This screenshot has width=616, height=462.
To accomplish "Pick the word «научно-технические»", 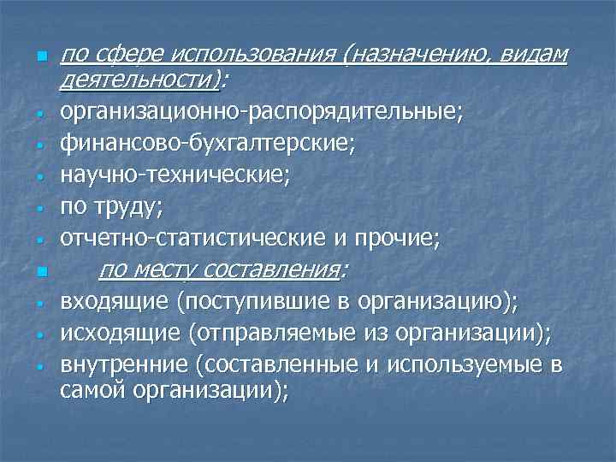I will (175, 177).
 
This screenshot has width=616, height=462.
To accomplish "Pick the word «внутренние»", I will (124, 367).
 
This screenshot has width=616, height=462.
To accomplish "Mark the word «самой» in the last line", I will (94, 390).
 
